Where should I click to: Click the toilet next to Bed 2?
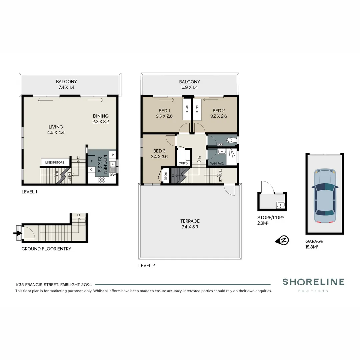click(230, 141)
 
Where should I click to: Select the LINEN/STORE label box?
click(55, 163)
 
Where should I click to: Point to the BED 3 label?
click(159, 154)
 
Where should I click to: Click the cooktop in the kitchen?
click(102, 180)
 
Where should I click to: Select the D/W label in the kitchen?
click(112, 175)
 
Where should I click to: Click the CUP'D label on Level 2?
click(183, 163)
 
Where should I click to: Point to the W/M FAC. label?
click(216, 163)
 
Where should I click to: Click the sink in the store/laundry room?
click(280, 205)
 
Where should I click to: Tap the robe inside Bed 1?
click(186, 109)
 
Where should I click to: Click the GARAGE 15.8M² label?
click(314, 244)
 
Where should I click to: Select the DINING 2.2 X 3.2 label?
click(101, 119)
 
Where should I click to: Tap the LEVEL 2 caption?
click(147, 266)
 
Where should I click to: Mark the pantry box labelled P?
click(113, 155)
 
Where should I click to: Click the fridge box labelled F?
click(92, 161)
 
